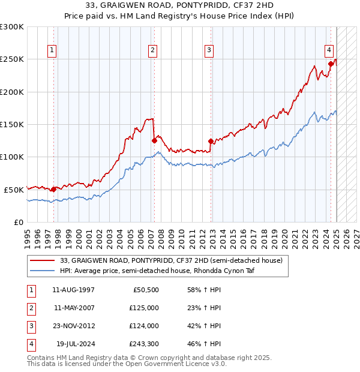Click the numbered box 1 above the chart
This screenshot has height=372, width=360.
[53, 50]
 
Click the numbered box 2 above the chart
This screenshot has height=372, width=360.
[153, 50]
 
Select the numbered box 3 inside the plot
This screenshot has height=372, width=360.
[209, 50]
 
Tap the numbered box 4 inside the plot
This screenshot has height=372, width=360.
[329, 50]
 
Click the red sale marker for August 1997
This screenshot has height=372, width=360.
[53, 189]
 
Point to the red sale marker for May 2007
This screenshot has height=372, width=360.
[154, 141]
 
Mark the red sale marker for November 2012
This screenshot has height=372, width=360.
[211, 142]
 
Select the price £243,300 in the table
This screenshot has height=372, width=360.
[144, 344]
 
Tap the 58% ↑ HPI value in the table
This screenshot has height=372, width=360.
[202, 289]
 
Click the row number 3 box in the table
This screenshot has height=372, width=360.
[29, 326]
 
